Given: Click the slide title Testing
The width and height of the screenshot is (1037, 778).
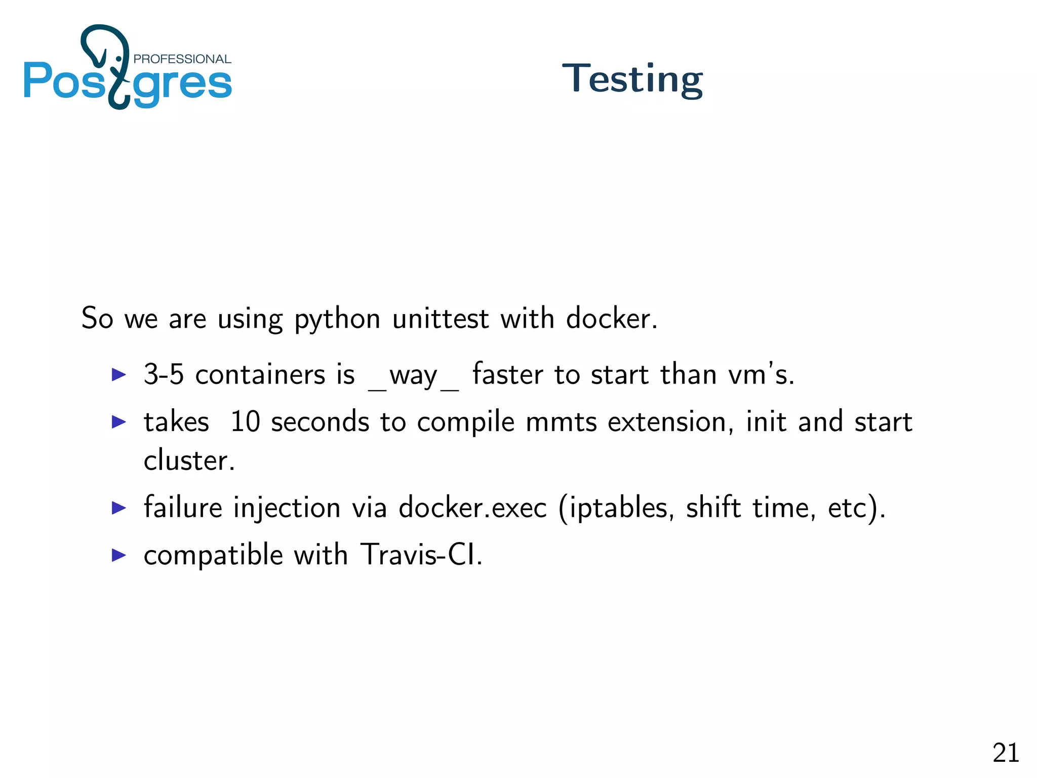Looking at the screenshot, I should (x=632, y=80).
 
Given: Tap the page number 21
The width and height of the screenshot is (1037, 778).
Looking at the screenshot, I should (x=1005, y=753).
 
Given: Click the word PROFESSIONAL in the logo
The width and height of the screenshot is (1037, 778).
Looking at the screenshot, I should (x=182, y=59).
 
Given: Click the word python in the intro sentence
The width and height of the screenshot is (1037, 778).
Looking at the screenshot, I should (x=337, y=320).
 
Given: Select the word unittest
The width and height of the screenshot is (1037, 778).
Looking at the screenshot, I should (x=441, y=319).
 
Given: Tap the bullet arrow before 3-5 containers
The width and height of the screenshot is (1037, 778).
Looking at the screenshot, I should (x=118, y=375).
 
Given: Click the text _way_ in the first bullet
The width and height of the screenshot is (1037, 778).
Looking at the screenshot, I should (x=413, y=376).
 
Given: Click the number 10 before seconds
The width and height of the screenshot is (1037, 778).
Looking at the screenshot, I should (x=245, y=421).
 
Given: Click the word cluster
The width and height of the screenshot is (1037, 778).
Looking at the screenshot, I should (x=189, y=460).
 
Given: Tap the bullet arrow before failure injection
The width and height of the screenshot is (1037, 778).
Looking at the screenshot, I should (x=118, y=508).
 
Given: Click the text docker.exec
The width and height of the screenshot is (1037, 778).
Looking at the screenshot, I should (x=472, y=508).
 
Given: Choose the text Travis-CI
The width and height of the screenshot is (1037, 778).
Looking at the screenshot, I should (x=421, y=555).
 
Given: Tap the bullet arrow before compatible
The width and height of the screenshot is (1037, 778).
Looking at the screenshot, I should (x=118, y=555).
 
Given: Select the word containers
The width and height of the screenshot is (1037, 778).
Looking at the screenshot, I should (x=260, y=375).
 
